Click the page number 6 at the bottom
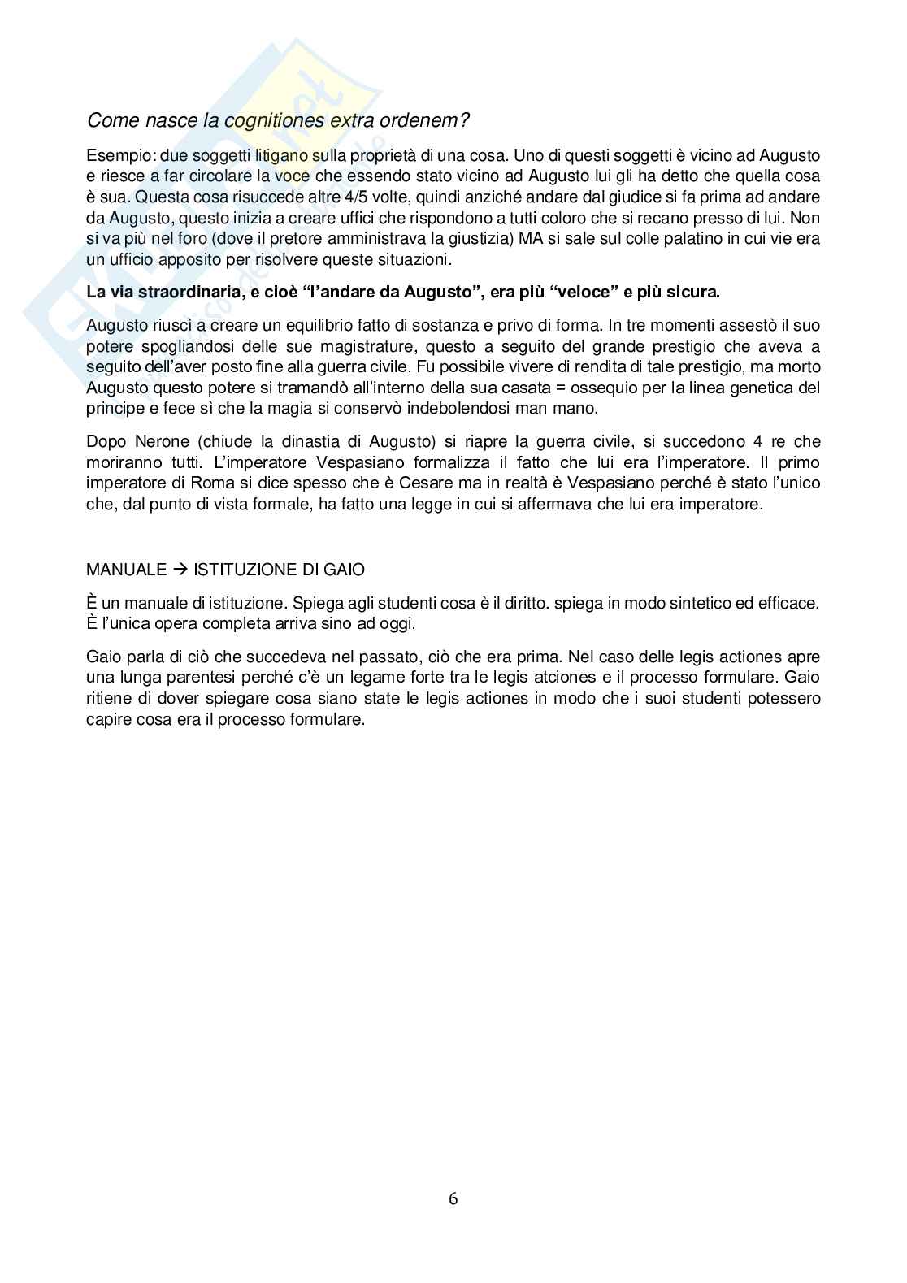click(x=453, y=1198)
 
